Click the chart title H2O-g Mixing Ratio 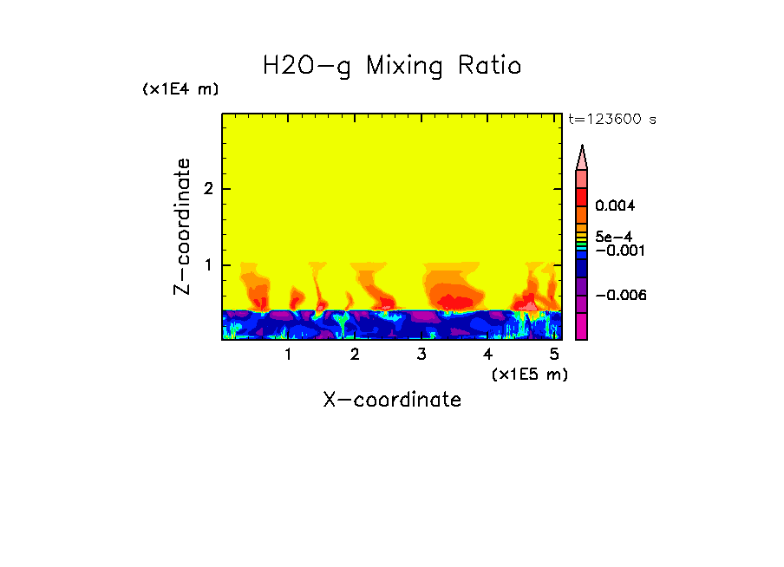pyautogui.click(x=392, y=66)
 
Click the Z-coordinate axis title pyautogui.click(x=183, y=226)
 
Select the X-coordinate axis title pyautogui.click(x=392, y=400)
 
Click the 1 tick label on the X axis pyautogui.click(x=288, y=355)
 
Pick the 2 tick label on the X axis pyautogui.click(x=355, y=355)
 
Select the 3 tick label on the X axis pyautogui.click(x=421, y=355)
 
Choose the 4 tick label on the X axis pyautogui.click(x=487, y=355)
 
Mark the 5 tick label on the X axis pyautogui.click(x=554, y=355)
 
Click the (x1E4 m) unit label pyautogui.click(x=180, y=89)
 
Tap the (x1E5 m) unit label pyautogui.click(x=529, y=374)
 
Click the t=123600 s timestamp pyautogui.click(x=611, y=120)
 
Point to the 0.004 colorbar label pyautogui.click(x=615, y=206)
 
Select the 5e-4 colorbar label pyautogui.click(x=613, y=236)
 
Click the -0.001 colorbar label pyautogui.click(x=617, y=251)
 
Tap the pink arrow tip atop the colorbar pyautogui.click(x=582, y=157)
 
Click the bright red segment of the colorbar pyautogui.click(x=582, y=197)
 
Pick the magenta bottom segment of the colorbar pyautogui.click(x=582, y=328)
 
